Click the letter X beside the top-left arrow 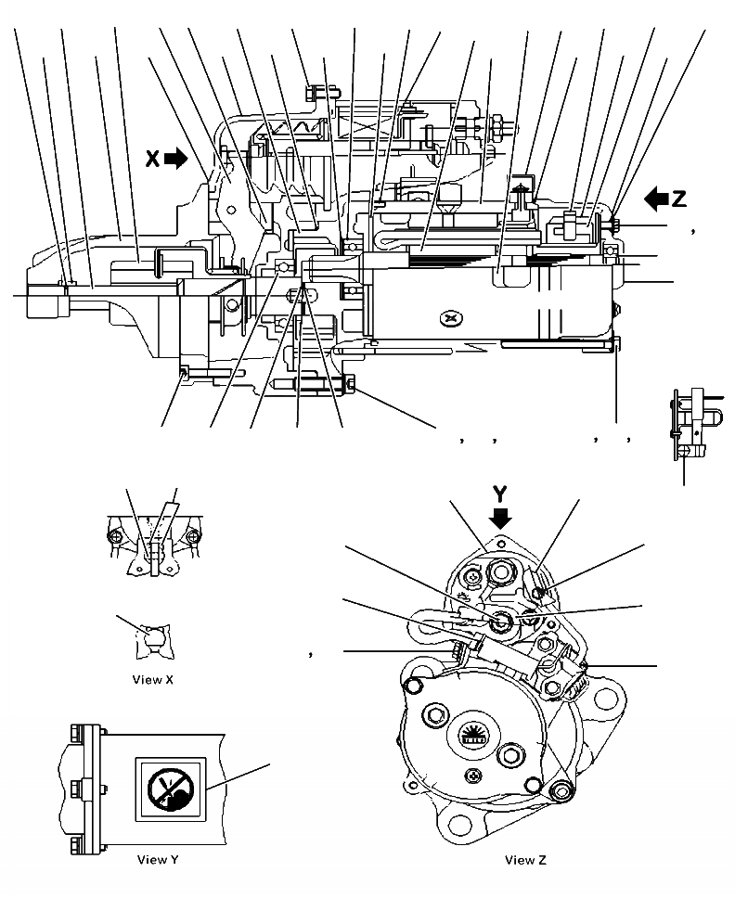[x=152, y=159]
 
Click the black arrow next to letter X [x=175, y=159]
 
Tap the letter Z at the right [x=679, y=198]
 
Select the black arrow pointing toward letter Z [x=656, y=198]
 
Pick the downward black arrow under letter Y [x=501, y=516]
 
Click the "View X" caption [x=153, y=679]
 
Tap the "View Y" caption [x=157, y=860]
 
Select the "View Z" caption [x=525, y=860]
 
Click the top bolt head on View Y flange [x=75, y=733]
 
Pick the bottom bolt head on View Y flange [x=75, y=845]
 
